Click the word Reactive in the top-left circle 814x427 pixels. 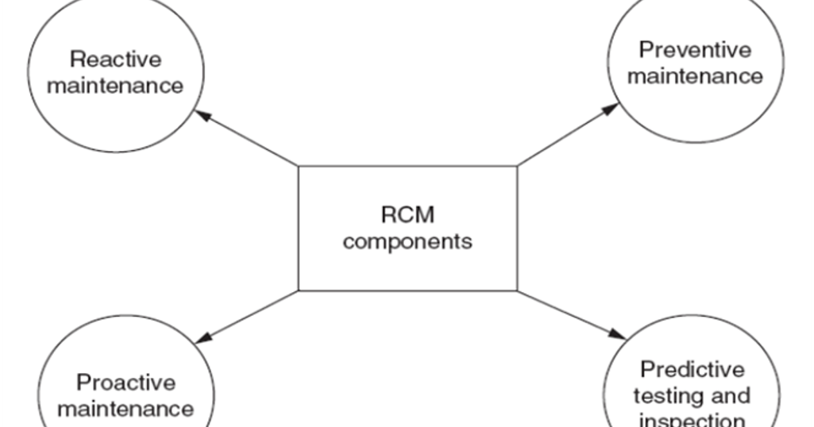(115, 60)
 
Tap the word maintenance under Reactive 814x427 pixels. (115, 85)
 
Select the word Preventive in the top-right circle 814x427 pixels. (695, 50)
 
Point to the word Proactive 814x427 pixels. (125, 383)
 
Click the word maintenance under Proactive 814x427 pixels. (125, 409)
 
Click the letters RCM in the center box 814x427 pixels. (407, 216)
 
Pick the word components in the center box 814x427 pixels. (407, 241)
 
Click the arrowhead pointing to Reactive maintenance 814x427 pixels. (203, 116)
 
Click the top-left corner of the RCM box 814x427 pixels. (299, 167)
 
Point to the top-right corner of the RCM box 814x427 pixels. (517, 167)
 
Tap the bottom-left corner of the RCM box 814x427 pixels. (299, 290)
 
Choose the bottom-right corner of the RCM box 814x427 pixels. (517, 290)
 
